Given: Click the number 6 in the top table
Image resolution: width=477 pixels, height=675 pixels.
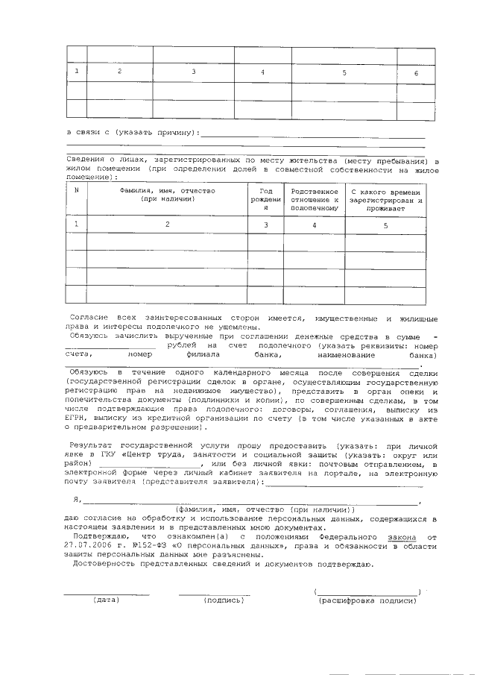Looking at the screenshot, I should point(416,73).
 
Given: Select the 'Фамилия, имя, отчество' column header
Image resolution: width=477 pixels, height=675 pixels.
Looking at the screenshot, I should point(167,195).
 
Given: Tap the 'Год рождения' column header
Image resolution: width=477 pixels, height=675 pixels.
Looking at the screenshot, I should point(265,200).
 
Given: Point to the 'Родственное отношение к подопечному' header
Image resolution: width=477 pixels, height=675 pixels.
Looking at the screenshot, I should point(314,200).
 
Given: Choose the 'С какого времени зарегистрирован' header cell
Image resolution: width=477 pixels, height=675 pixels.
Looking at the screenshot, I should point(386,200).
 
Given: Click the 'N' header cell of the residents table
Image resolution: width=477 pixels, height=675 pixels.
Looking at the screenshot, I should point(77,191).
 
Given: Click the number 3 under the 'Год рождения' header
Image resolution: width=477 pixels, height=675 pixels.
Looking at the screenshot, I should point(265,225).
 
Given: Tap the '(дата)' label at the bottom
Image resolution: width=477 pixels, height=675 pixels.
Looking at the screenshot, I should point(106,600).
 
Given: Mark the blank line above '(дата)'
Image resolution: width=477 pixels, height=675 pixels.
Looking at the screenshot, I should point(106,594).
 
